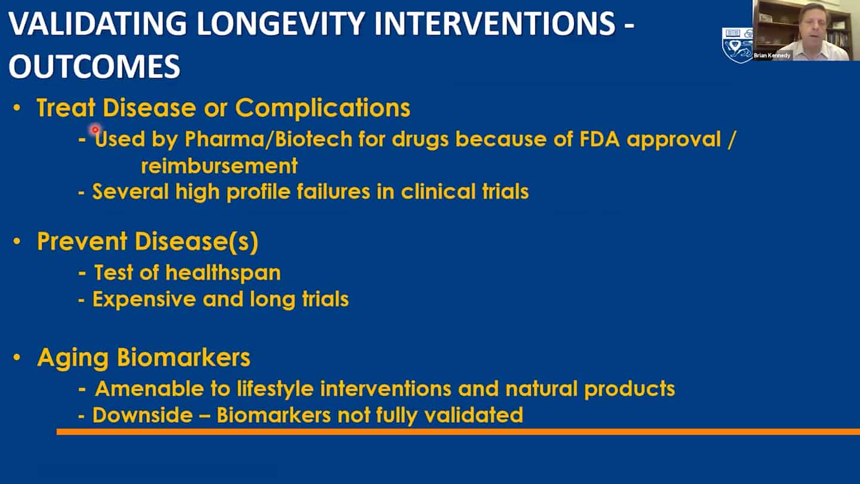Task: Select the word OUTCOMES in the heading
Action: [94, 66]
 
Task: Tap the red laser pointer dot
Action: [95, 130]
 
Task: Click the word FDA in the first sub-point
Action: [600, 139]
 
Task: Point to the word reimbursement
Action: [219, 166]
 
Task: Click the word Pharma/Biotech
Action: [268, 139]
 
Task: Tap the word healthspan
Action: [223, 273]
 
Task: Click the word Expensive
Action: [145, 299]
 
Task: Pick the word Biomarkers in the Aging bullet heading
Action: [183, 357]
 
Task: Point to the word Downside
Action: [142, 415]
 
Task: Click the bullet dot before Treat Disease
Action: [17, 108]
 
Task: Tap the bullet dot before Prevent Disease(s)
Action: [17, 241]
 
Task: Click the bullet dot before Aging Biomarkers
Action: [17, 357]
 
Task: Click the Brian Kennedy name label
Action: [772, 56]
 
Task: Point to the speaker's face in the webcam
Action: [812, 24]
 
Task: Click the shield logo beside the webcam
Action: [737, 45]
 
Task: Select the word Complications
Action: [322, 109]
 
